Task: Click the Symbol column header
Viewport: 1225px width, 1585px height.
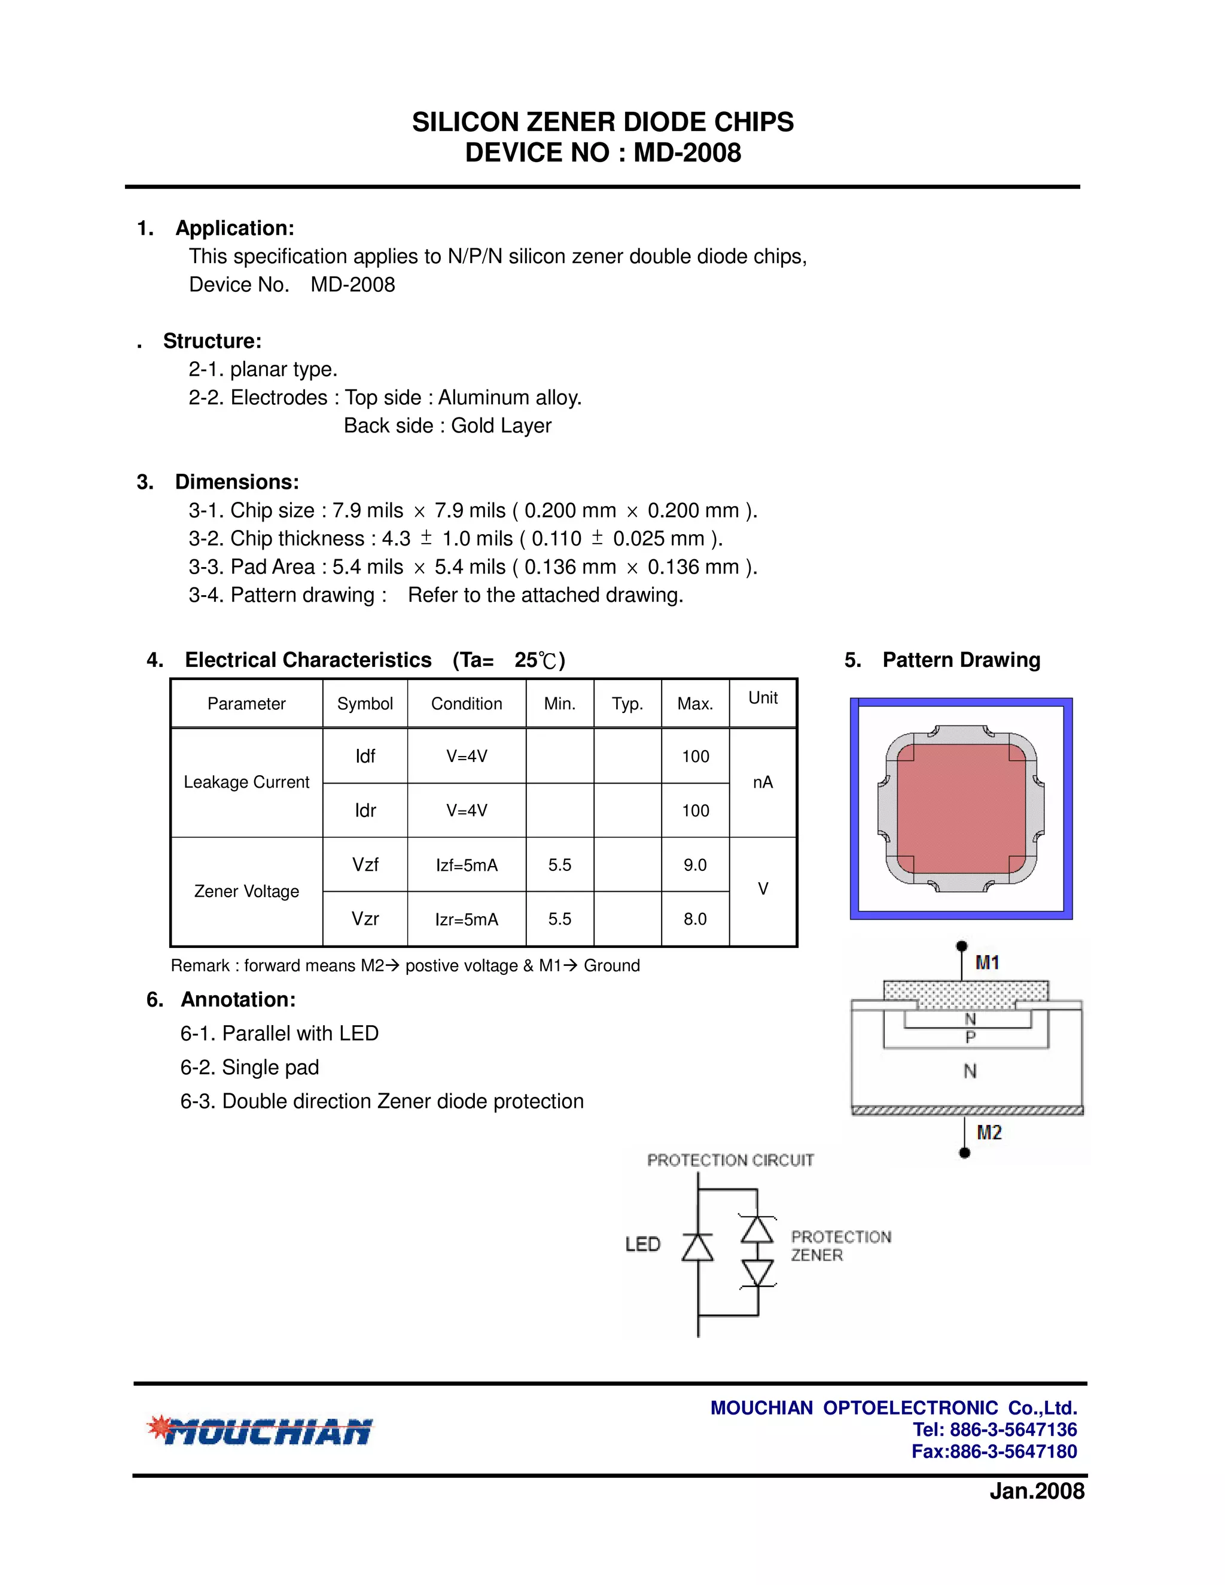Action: pyautogui.click(x=365, y=703)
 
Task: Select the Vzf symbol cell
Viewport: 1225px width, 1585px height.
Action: pyautogui.click(x=365, y=864)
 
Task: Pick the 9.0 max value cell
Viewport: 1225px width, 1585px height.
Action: pyautogui.click(x=694, y=864)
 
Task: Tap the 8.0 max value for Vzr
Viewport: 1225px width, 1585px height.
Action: pyautogui.click(x=694, y=919)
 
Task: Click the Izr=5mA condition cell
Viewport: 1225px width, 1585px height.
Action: pyautogui.click(x=467, y=919)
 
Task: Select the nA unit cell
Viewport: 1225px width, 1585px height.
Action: pyautogui.click(x=763, y=782)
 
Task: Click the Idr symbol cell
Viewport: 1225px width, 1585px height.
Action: pyautogui.click(x=365, y=810)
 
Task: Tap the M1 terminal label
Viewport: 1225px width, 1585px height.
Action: pyautogui.click(x=987, y=963)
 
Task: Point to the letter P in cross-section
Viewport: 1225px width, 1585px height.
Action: pyautogui.click(x=970, y=1038)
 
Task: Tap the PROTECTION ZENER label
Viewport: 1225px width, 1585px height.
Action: pyautogui.click(x=840, y=1246)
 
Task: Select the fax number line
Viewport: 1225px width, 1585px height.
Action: pyautogui.click(x=994, y=1452)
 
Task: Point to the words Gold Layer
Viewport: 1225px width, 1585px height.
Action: pyautogui.click(x=501, y=426)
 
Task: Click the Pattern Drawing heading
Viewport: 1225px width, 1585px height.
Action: pyautogui.click(x=960, y=660)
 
